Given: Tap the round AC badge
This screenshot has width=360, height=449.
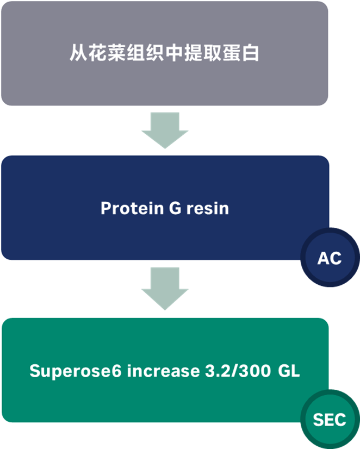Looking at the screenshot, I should click(330, 258).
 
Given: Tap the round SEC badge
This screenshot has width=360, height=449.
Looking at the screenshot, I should click(330, 419).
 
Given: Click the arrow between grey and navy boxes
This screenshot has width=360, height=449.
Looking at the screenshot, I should click(164, 131).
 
